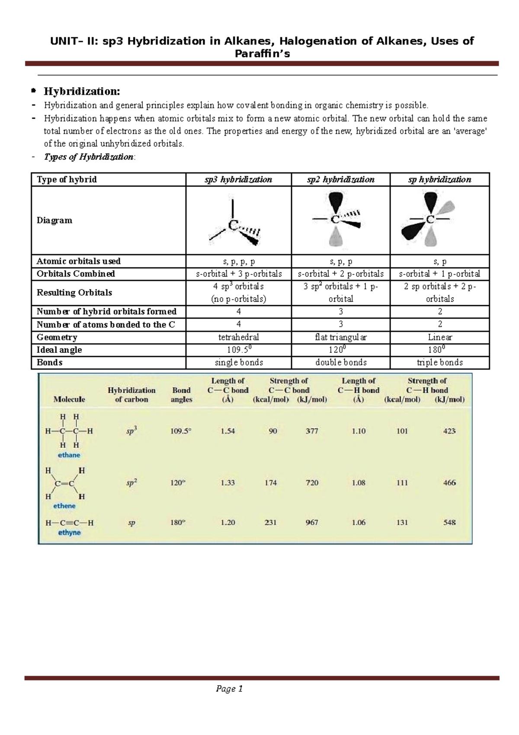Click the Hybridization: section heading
click(x=81, y=91)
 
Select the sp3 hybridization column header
click(x=238, y=180)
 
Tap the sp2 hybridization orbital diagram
click(x=340, y=220)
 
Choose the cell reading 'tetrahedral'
click(x=239, y=337)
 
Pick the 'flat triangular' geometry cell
click(x=341, y=337)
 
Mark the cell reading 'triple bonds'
click(x=439, y=362)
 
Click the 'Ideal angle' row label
click(x=59, y=350)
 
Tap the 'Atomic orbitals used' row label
click(x=78, y=261)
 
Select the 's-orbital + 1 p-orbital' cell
click(x=439, y=274)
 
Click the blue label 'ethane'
click(x=69, y=455)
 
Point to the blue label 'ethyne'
click(x=70, y=532)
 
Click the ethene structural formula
click(x=65, y=484)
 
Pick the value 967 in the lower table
click(x=312, y=522)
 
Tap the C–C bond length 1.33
click(x=227, y=483)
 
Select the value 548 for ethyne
click(x=449, y=522)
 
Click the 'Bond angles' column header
click(x=181, y=395)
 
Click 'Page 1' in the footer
click(x=229, y=689)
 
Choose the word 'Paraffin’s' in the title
click(x=262, y=54)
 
